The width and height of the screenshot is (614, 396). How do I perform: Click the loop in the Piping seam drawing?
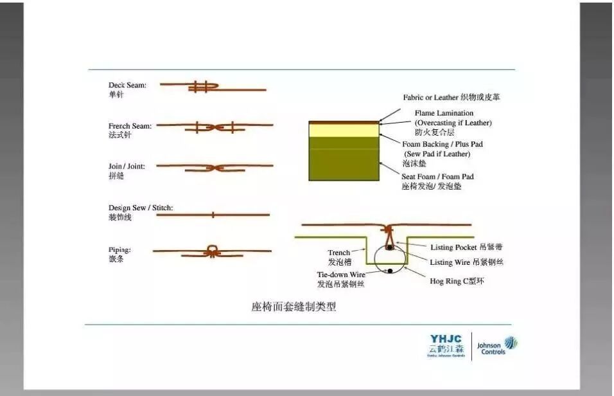point(211,249)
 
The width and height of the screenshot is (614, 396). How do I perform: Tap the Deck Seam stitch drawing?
point(204,86)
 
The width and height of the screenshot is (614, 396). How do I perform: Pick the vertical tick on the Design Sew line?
point(213,215)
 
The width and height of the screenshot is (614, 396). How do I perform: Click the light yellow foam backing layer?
point(344,130)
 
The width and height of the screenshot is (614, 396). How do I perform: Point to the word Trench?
point(339,253)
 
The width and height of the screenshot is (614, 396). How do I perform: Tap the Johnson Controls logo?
point(496,346)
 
